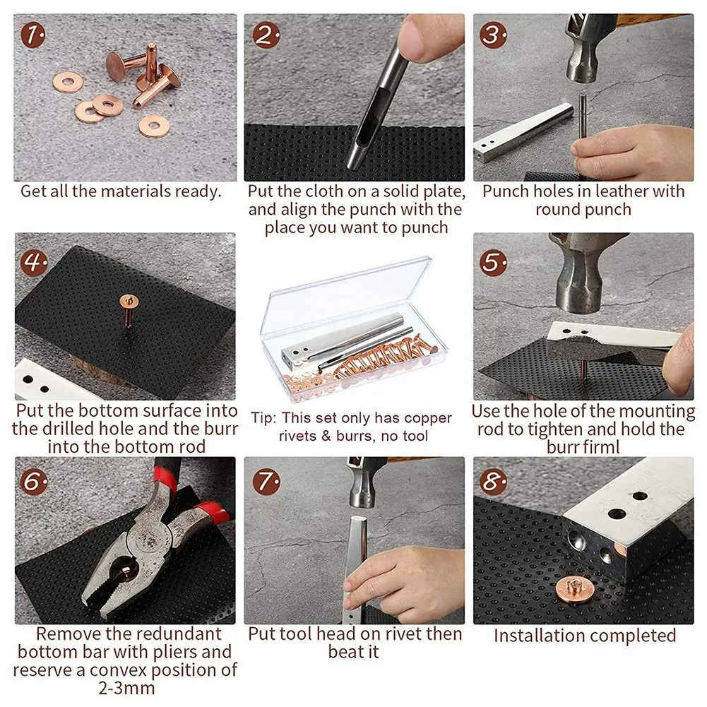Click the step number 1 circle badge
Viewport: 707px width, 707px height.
32,34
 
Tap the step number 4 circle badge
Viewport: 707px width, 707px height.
33,263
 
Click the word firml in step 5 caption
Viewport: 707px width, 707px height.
602,448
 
